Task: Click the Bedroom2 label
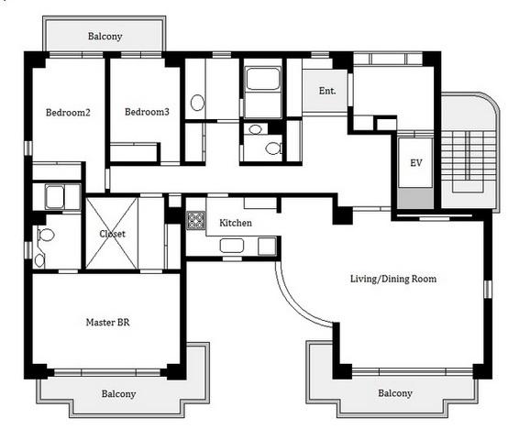pos(68,113)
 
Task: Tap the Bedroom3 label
pos(147,112)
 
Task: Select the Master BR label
pos(107,323)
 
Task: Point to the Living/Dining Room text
pos(393,279)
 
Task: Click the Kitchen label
pos(236,223)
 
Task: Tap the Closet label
pos(112,234)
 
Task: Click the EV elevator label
pos(415,163)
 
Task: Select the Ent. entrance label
pos(327,91)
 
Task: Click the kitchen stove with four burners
pos(195,221)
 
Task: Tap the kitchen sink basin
pos(232,246)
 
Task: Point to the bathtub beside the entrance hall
pos(263,79)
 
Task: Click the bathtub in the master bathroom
pos(55,197)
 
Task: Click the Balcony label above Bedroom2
pos(105,36)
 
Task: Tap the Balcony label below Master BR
pos(118,394)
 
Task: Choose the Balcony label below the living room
pos(395,393)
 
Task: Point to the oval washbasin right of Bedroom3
pos(197,103)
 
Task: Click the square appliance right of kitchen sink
pos(267,247)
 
